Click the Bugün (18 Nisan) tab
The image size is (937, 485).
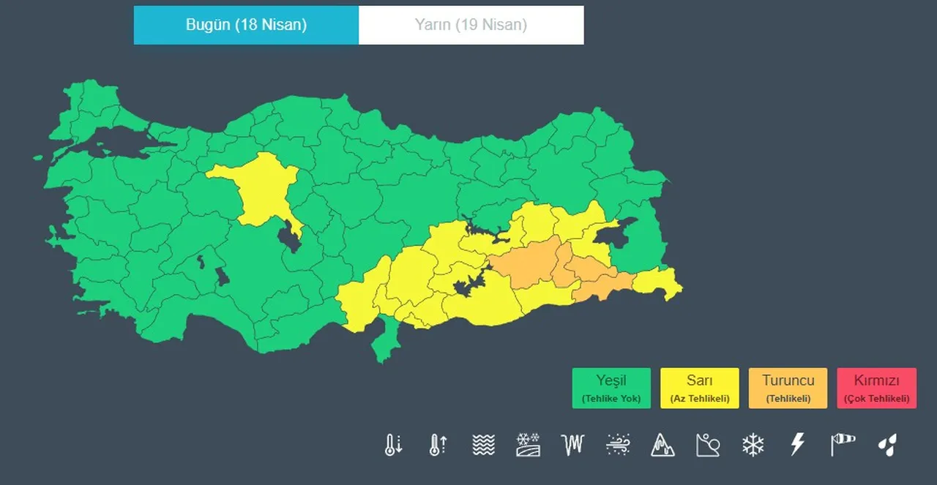click(x=246, y=25)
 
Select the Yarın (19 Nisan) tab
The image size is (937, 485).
click(x=471, y=25)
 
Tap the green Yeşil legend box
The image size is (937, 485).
click(x=611, y=388)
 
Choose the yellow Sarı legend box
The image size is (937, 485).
click(x=699, y=388)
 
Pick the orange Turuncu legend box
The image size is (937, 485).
click(x=788, y=388)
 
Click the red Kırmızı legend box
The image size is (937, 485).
click(x=876, y=388)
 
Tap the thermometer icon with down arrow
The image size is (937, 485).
click(x=394, y=444)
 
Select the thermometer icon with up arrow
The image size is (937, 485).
click(x=438, y=444)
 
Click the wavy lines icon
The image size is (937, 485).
click(x=483, y=444)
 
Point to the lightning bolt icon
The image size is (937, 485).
click(x=797, y=444)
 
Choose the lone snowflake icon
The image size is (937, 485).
click(x=753, y=444)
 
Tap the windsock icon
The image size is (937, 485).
click(x=843, y=444)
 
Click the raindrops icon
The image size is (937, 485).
click(x=887, y=444)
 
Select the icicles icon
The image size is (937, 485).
click(x=573, y=444)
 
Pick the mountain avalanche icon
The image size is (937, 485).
click(x=662, y=444)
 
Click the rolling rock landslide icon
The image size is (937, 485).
click(x=708, y=444)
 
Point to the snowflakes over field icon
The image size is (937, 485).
click(x=528, y=444)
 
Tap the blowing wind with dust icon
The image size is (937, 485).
click(x=618, y=444)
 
